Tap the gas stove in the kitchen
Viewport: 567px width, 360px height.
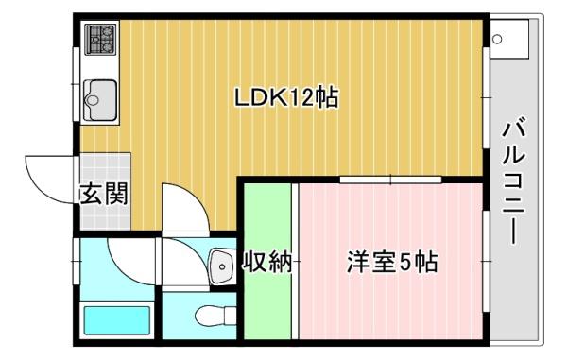[x=99, y=40]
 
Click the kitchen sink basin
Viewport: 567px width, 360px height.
[x=99, y=96]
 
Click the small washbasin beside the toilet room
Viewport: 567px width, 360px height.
[x=220, y=266]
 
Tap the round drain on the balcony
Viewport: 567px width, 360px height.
[x=497, y=39]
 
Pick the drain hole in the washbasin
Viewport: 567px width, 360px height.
[x=222, y=267]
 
